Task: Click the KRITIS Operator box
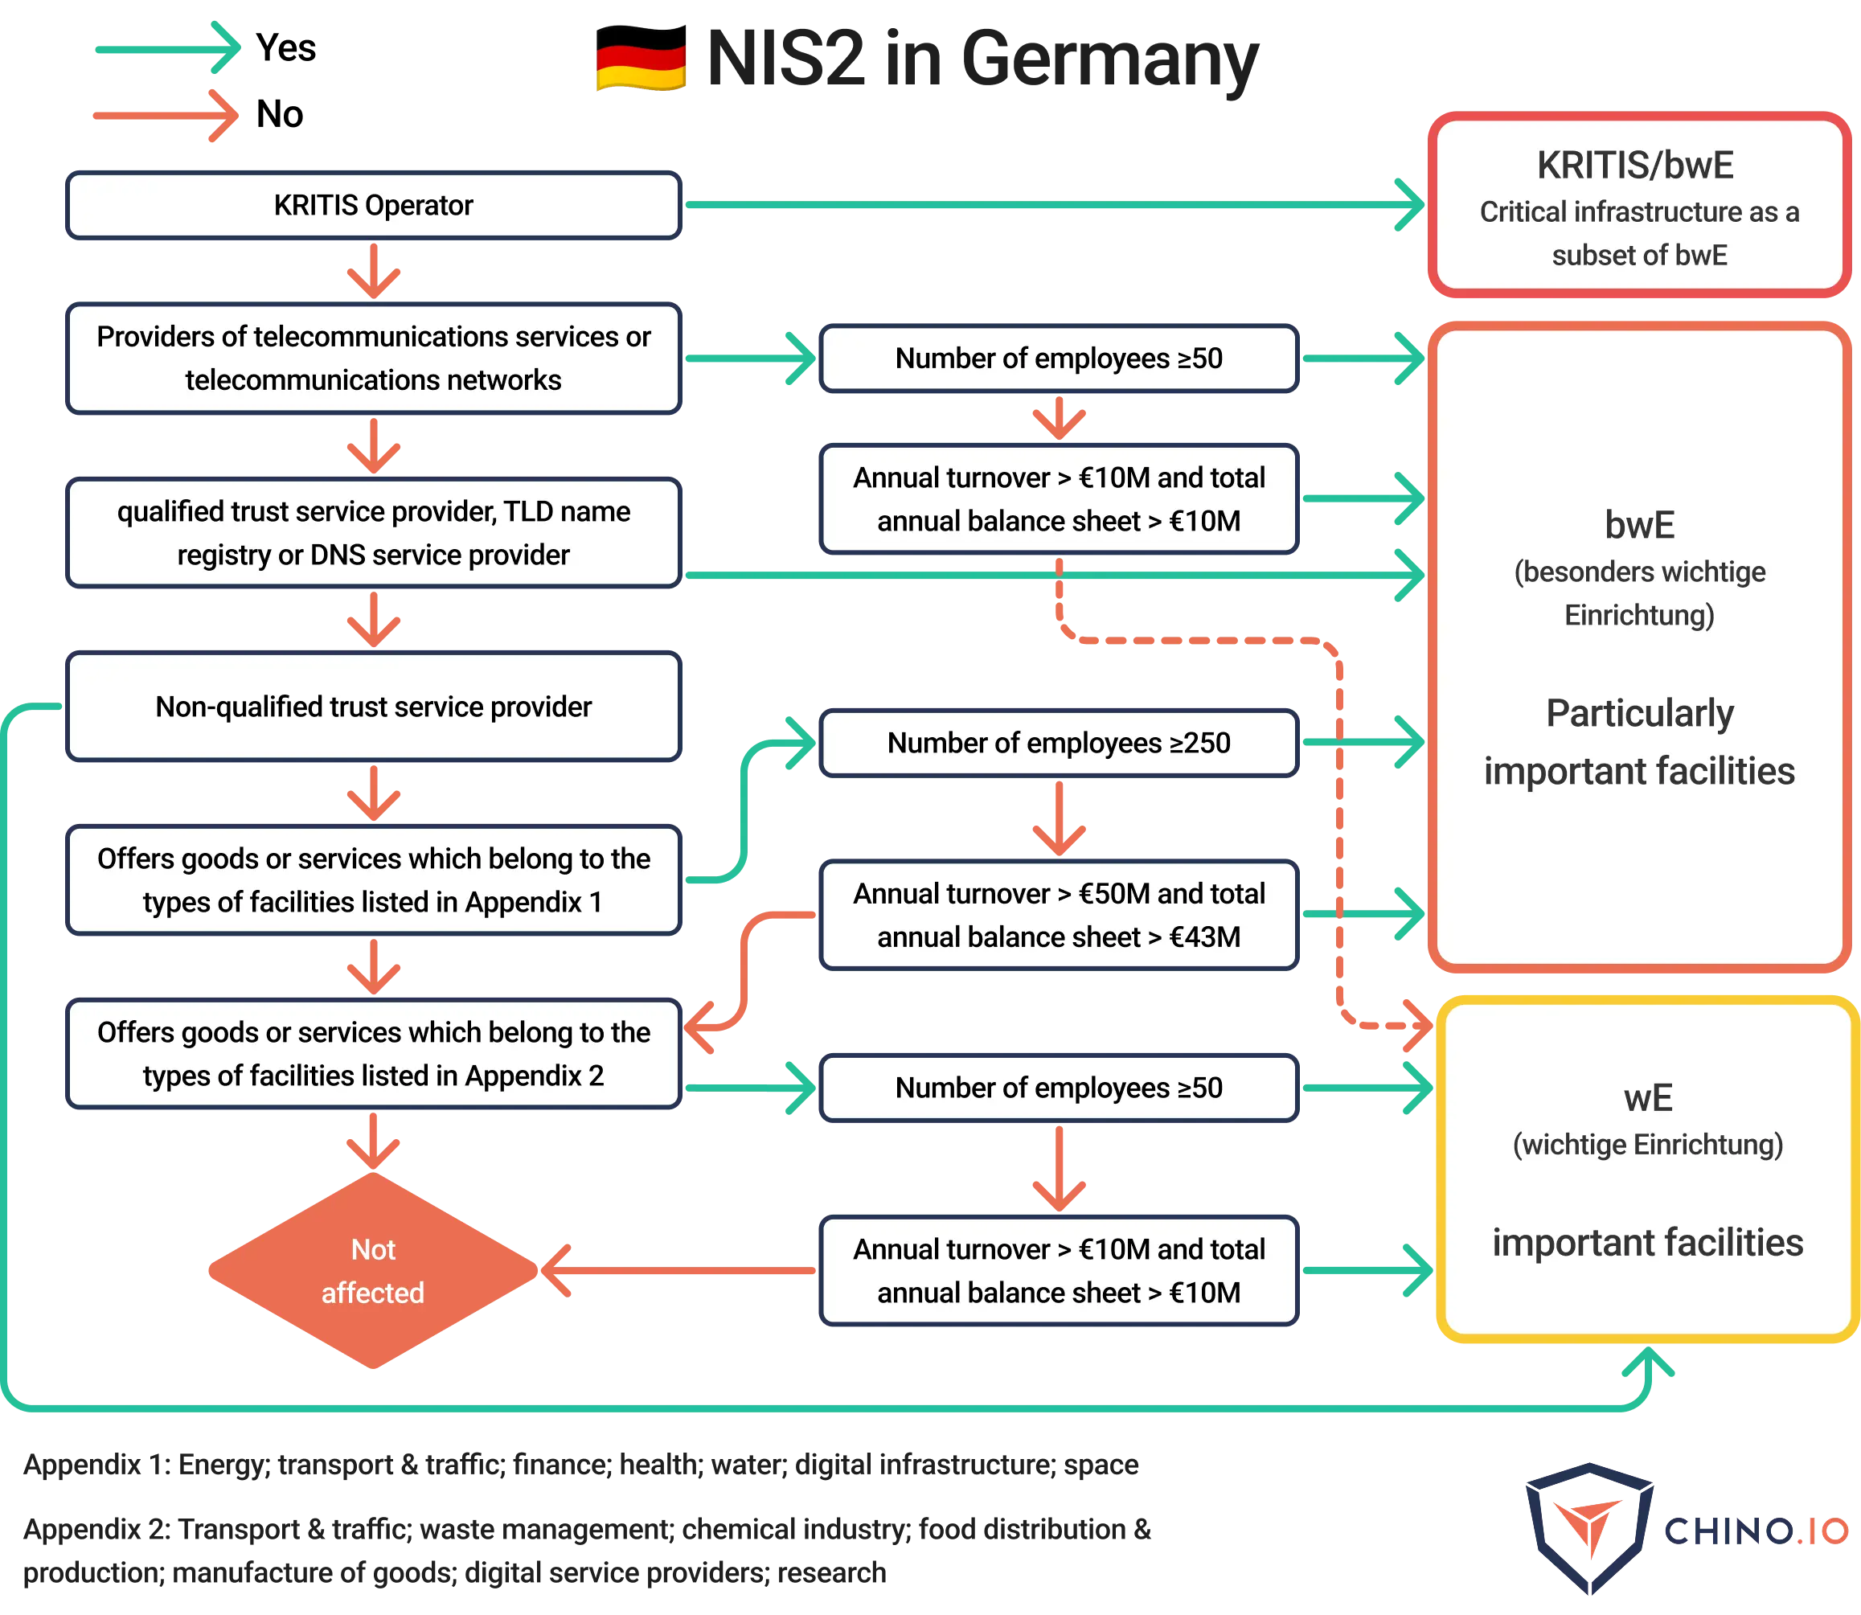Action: (373, 206)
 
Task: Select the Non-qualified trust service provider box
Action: (373, 707)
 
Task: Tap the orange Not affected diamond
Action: (373, 1271)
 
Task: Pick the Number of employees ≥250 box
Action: (1058, 744)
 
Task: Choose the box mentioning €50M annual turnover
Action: (1058, 916)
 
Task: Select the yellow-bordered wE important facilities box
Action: (1646, 1170)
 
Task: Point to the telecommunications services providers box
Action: (373, 359)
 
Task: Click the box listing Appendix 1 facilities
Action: (373, 880)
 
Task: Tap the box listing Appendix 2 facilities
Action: (373, 1054)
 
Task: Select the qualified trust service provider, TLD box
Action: (373, 534)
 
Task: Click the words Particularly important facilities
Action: (1638, 743)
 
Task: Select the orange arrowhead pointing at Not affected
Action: (556, 1271)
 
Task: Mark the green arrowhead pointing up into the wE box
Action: (1648, 1363)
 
